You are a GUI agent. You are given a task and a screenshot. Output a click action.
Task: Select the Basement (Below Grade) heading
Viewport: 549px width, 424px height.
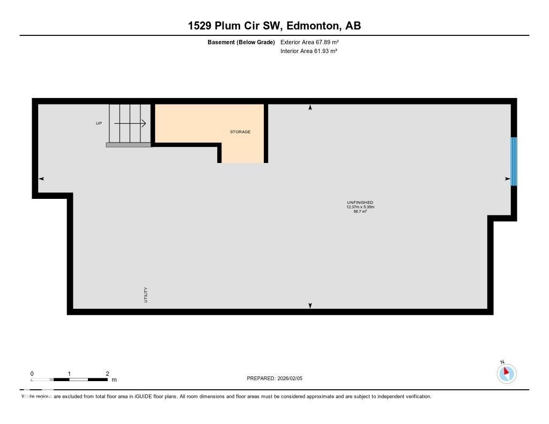[241, 42]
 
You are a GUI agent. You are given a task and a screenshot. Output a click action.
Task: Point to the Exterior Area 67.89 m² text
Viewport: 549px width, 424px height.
[309, 42]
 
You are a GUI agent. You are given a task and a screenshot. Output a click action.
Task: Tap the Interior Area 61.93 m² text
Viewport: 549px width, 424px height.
[309, 51]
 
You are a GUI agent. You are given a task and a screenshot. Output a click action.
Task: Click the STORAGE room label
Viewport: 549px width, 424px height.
[240, 132]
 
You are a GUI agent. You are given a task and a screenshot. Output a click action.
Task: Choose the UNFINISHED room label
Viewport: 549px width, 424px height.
[360, 203]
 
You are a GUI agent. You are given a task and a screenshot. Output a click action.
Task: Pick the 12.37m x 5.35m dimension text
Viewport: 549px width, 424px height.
[360, 207]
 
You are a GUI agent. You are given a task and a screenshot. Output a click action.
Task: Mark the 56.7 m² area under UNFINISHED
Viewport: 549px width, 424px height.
[360, 212]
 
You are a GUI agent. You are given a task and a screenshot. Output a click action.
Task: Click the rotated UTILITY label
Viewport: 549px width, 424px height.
[145, 295]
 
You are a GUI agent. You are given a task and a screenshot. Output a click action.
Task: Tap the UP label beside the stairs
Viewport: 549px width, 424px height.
[99, 123]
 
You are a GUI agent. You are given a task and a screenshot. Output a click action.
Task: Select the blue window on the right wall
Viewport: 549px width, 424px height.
[514, 161]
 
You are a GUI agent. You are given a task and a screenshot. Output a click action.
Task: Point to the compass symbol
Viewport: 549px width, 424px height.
[506, 373]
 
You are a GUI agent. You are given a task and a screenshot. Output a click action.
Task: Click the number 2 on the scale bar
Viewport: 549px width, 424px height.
[107, 374]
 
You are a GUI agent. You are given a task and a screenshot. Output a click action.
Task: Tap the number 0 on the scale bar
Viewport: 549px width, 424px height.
[32, 374]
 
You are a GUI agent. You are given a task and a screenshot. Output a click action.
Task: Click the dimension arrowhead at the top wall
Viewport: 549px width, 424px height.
[310, 108]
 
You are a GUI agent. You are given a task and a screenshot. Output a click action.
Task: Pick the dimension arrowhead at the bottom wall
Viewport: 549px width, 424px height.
[310, 306]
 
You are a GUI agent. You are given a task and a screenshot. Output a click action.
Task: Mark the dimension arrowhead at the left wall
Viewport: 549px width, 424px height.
[41, 178]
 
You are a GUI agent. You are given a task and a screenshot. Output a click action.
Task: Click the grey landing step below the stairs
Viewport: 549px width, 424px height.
[129, 145]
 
